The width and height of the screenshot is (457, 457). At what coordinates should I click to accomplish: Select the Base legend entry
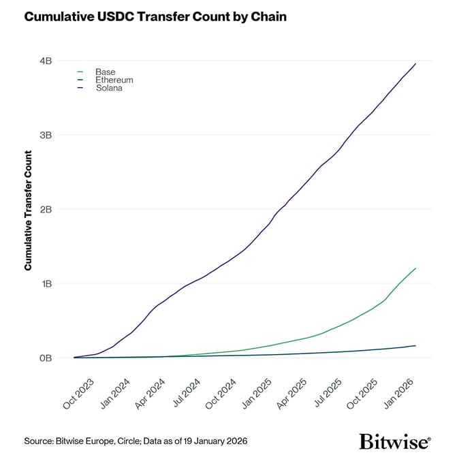coord(105,72)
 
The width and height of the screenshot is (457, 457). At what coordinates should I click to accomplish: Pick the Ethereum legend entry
coord(114,80)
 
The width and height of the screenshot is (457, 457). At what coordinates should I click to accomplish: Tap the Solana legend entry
coord(109,88)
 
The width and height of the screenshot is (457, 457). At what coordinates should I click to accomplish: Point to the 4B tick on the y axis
coord(46,61)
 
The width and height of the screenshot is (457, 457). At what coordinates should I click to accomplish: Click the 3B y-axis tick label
coord(46,135)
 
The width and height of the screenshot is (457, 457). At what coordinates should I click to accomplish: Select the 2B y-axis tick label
coord(46,209)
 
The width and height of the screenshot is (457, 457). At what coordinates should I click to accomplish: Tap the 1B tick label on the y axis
coord(46,283)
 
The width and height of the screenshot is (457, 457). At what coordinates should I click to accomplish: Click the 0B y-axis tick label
coord(46,358)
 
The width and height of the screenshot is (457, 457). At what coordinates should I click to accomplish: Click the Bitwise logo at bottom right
coord(394,441)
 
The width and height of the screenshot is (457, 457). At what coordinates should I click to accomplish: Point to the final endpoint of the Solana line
coord(415,63)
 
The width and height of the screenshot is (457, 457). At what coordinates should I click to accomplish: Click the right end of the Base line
coord(415,268)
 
